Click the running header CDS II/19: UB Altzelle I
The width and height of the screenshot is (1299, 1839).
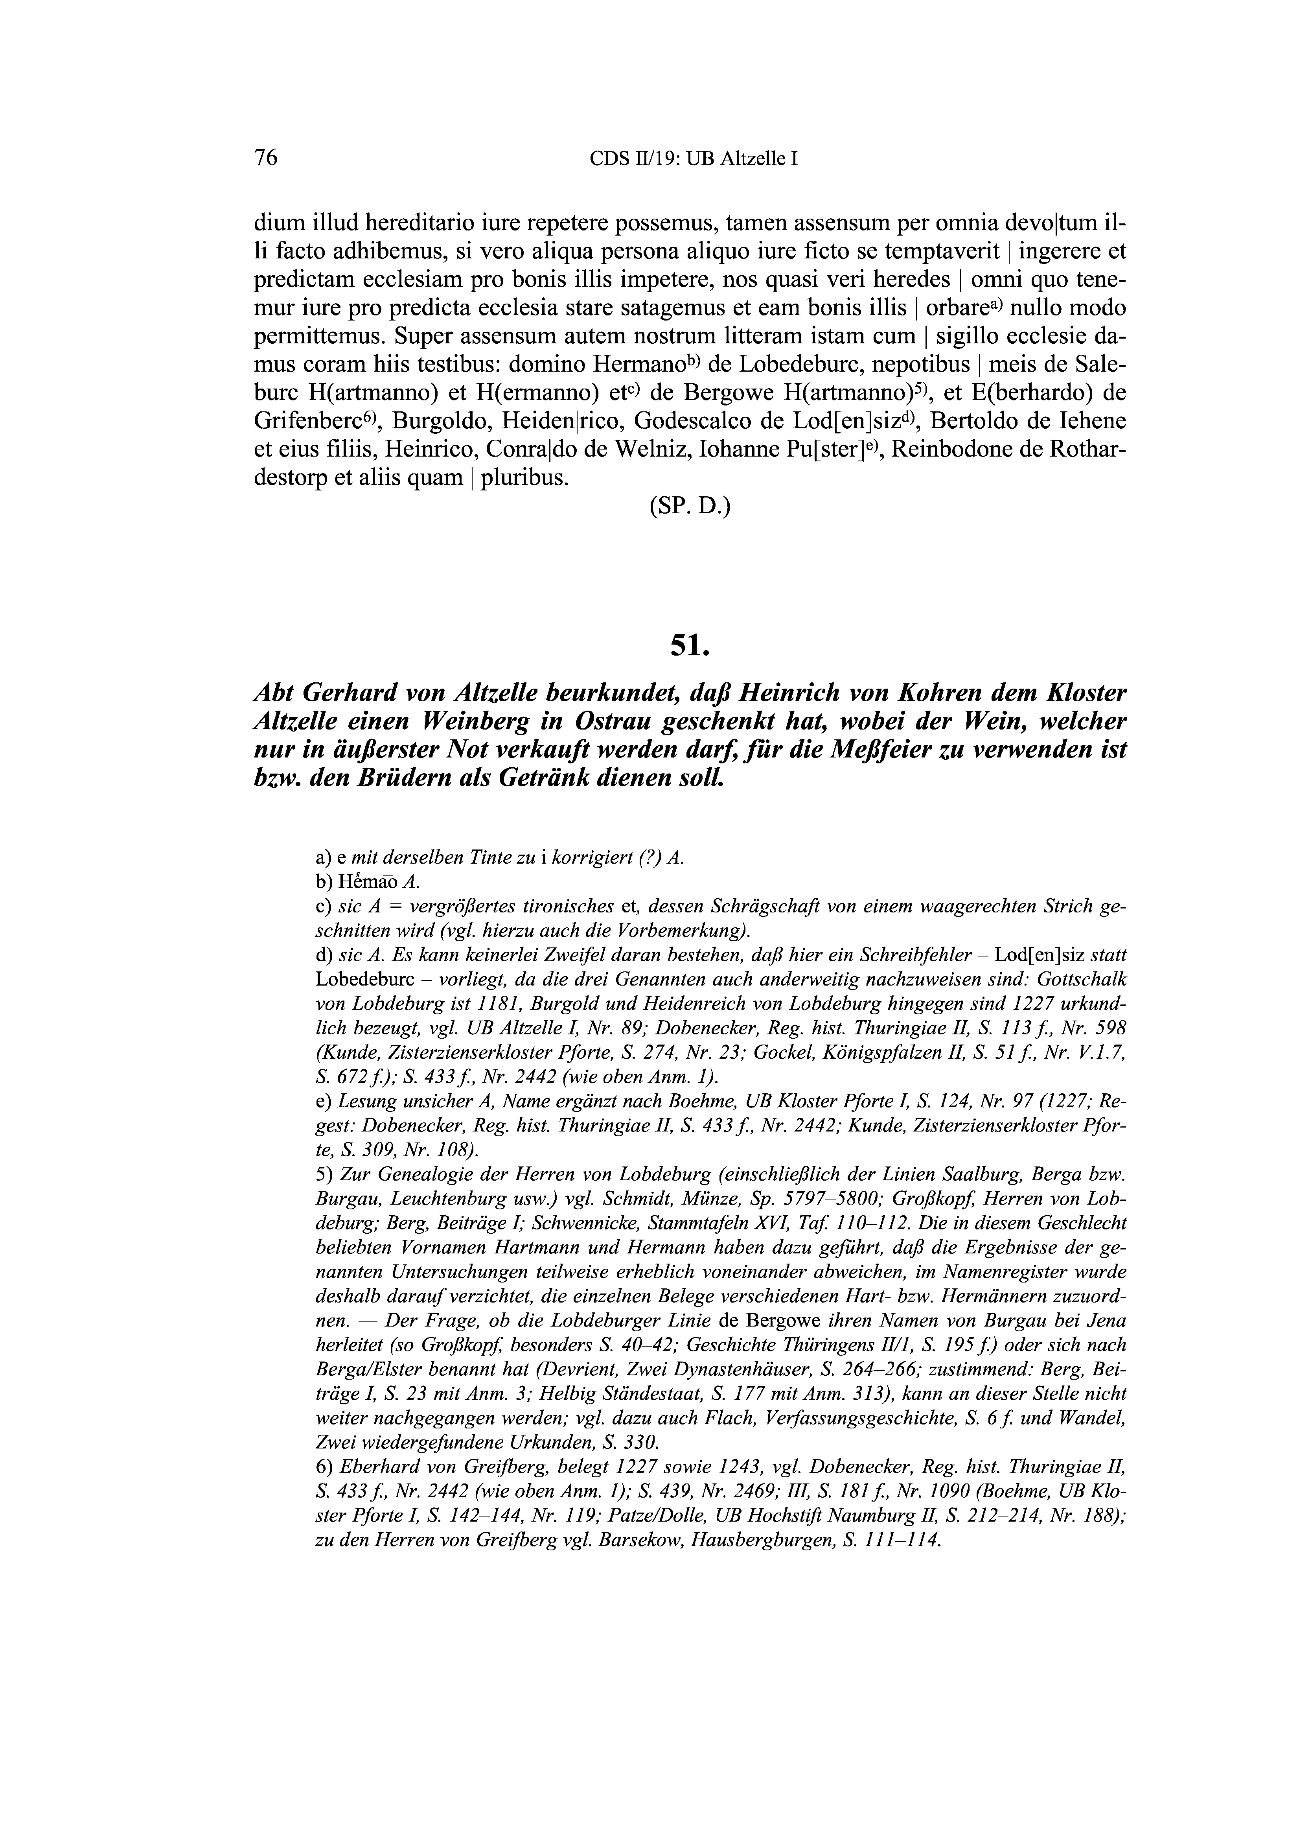pos(694,158)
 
